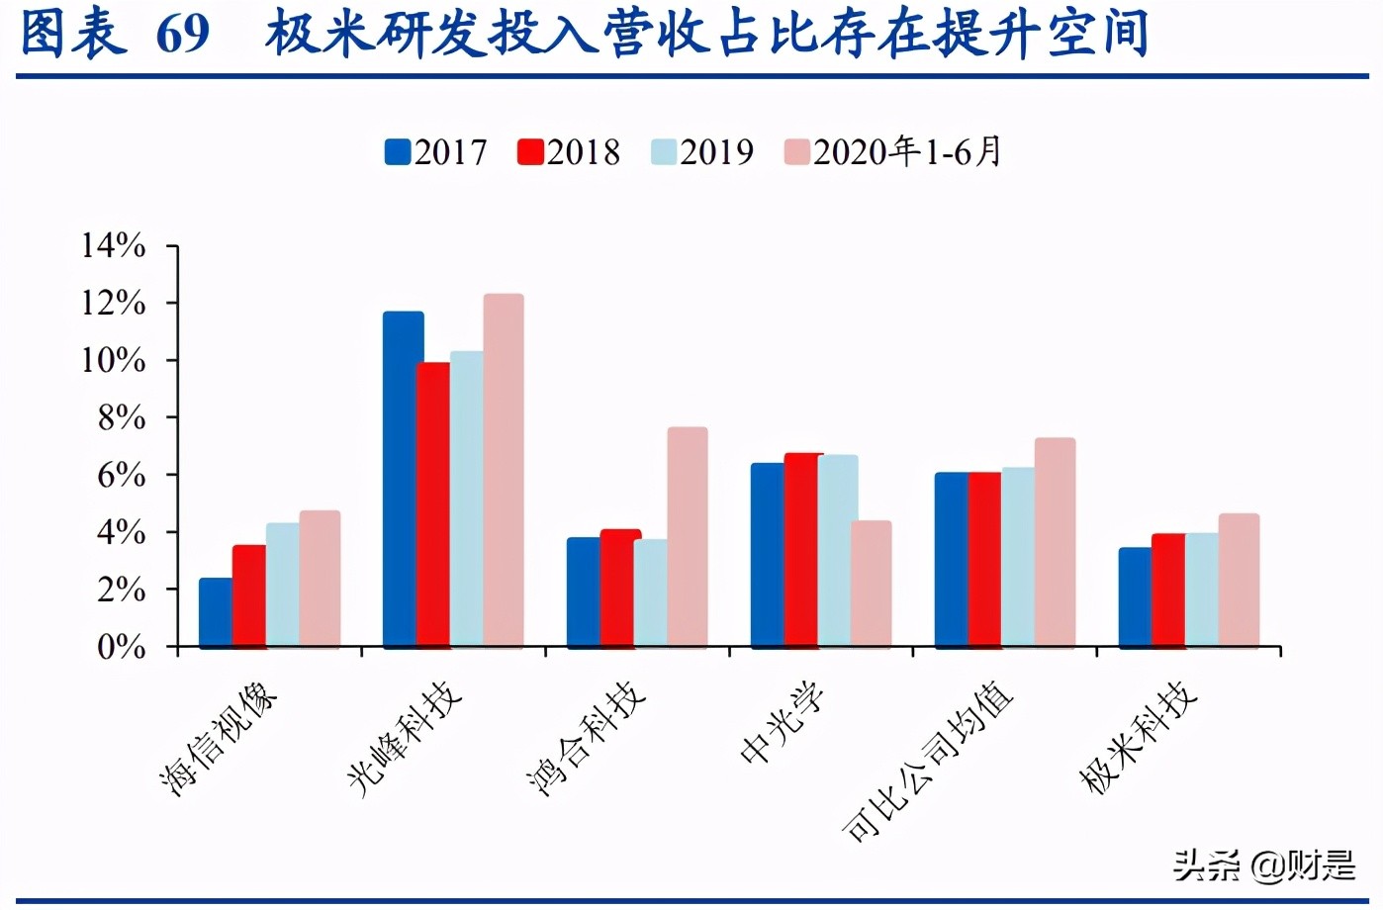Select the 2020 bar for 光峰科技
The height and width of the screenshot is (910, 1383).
[x=504, y=471]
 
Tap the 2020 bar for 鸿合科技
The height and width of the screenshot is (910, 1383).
[x=688, y=537]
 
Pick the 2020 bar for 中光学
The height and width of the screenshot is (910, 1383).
[x=872, y=584]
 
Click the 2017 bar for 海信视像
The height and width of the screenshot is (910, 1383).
[x=215, y=612]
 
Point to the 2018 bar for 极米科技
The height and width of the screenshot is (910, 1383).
[x=1168, y=591]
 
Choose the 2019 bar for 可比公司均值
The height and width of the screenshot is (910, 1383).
[x=1018, y=557]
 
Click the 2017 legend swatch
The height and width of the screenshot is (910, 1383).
[x=398, y=152]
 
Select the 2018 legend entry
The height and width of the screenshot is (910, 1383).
[x=569, y=152]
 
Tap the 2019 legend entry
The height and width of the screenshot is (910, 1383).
[x=702, y=152]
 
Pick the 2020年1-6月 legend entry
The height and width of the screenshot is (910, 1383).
[x=893, y=152]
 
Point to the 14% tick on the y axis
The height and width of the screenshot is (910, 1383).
[x=114, y=245]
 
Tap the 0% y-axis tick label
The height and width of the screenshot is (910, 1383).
[x=122, y=647]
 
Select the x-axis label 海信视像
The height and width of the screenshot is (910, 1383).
[x=219, y=738]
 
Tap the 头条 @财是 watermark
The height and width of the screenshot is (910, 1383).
[x=1263, y=865]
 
